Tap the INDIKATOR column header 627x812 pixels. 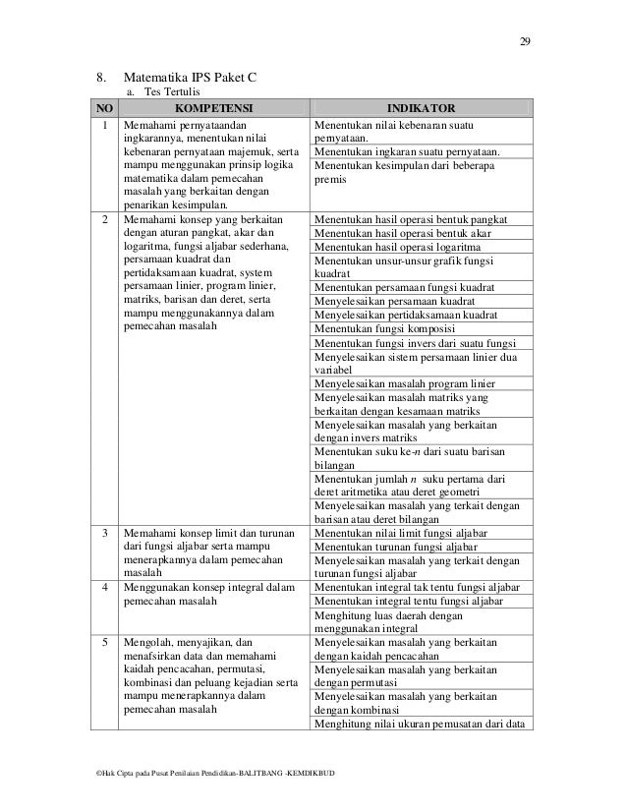click(420, 106)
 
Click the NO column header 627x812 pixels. click(103, 106)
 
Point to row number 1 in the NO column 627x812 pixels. click(103, 125)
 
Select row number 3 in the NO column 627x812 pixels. click(103, 532)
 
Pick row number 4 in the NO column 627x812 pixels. click(103, 587)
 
